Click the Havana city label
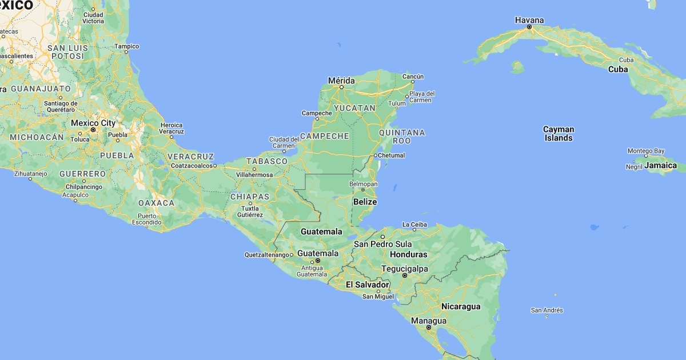(x=529, y=20)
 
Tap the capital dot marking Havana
(x=529, y=27)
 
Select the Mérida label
(x=341, y=80)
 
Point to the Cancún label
(x=413, y=76)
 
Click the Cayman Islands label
(x=558, y=134)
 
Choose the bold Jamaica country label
(x=660, y=166)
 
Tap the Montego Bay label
(x=646, y=151)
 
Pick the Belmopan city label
(x=364, y=184)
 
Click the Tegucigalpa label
(x=404, y=269)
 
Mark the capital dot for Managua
(x=429, y=327)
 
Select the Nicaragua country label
(x=461, y=307)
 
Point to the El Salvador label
(x=367, y=285)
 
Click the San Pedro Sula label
(x=382, y=244)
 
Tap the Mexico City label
(x=93, y=123)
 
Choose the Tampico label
(x=126, y=46)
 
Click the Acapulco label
(x=75, y=195)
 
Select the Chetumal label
(x=392, y=155)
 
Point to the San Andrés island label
(x=547, y=310)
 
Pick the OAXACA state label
(x=156, y=203)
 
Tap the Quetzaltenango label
(x=266, y=255)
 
